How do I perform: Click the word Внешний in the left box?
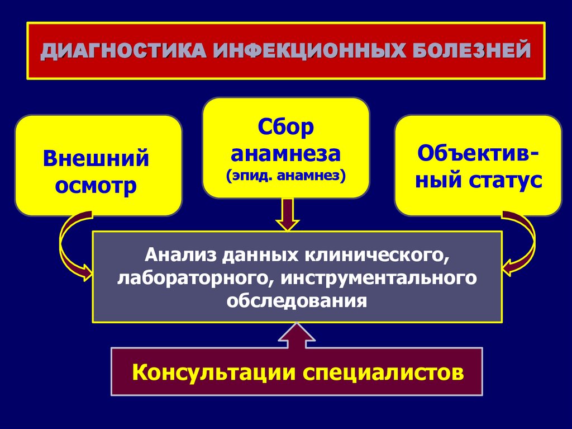(97, 158)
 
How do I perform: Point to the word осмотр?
(97, 185)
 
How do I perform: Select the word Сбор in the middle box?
(286, 128)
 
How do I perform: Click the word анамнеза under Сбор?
(286, 153)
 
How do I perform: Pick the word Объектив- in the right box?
(478, 153)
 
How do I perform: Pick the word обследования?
(297, 301)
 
